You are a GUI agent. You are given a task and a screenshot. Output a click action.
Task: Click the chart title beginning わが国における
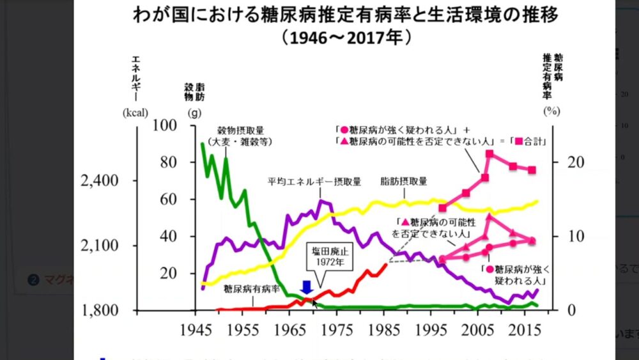319,14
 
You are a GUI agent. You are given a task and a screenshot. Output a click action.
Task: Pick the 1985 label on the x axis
385,331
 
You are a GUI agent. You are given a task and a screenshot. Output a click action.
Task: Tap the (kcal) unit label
135,111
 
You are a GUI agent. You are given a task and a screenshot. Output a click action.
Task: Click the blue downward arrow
306,287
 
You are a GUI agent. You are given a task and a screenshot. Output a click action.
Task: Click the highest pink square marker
489,154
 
